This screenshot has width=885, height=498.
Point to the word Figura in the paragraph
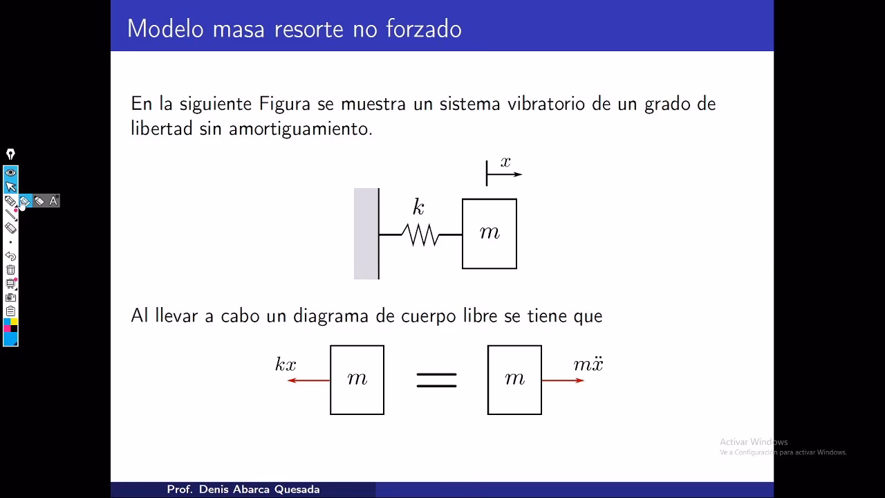pyautogui.click(x=285, y=104)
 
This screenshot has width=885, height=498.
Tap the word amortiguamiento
pyautogui.click(x=300, y=129)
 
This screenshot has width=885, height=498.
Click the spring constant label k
pyautogui.click(x=418, y=207)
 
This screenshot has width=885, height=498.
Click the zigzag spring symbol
pyautogui.click(x=420, y=235)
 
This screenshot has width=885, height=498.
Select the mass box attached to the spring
pyautogui.click(x=490, y=234)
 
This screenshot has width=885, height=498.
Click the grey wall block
pyautogui.click(x=366, y=234)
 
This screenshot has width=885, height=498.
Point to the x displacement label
pyautogui.click(x=505, y=163)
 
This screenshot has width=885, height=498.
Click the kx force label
pyautogui.click(x=286, y=365)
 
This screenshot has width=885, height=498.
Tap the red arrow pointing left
pyautogui.click(x=308, y=380)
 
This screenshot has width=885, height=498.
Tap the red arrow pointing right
pyautogui.click(x=563, y=380)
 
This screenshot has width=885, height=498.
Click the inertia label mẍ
pyautogui.click(x=588, y=364)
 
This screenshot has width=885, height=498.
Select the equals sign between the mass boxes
pyautogui.click(x=436, y=380)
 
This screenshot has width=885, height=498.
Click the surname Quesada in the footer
pyautogui.click(x=297, y=489)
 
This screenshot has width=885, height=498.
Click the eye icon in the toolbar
pyautogui.click(x=10, y=172)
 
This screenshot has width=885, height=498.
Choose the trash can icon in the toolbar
pyautogui.click(x=10, y=270)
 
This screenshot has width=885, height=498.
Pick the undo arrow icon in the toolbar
pyautogui.click(x=10, y=256)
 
